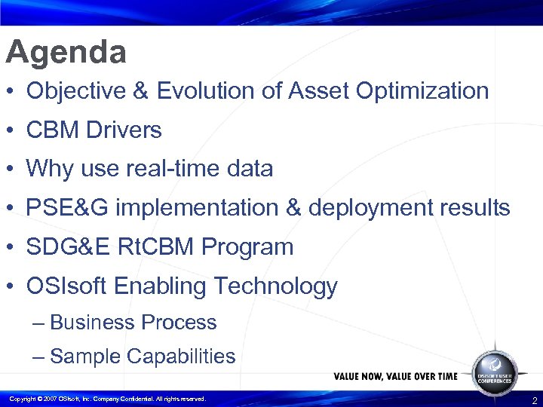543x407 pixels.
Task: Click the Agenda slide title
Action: click(x=66, y=54)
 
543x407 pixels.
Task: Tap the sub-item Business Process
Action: click(x=133, y=323)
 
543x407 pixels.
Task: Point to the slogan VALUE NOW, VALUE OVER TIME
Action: click(x=395, y=376)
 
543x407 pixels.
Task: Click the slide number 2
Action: click(x=534, y=400)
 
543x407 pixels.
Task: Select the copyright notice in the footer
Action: click(x=106, y=399)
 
